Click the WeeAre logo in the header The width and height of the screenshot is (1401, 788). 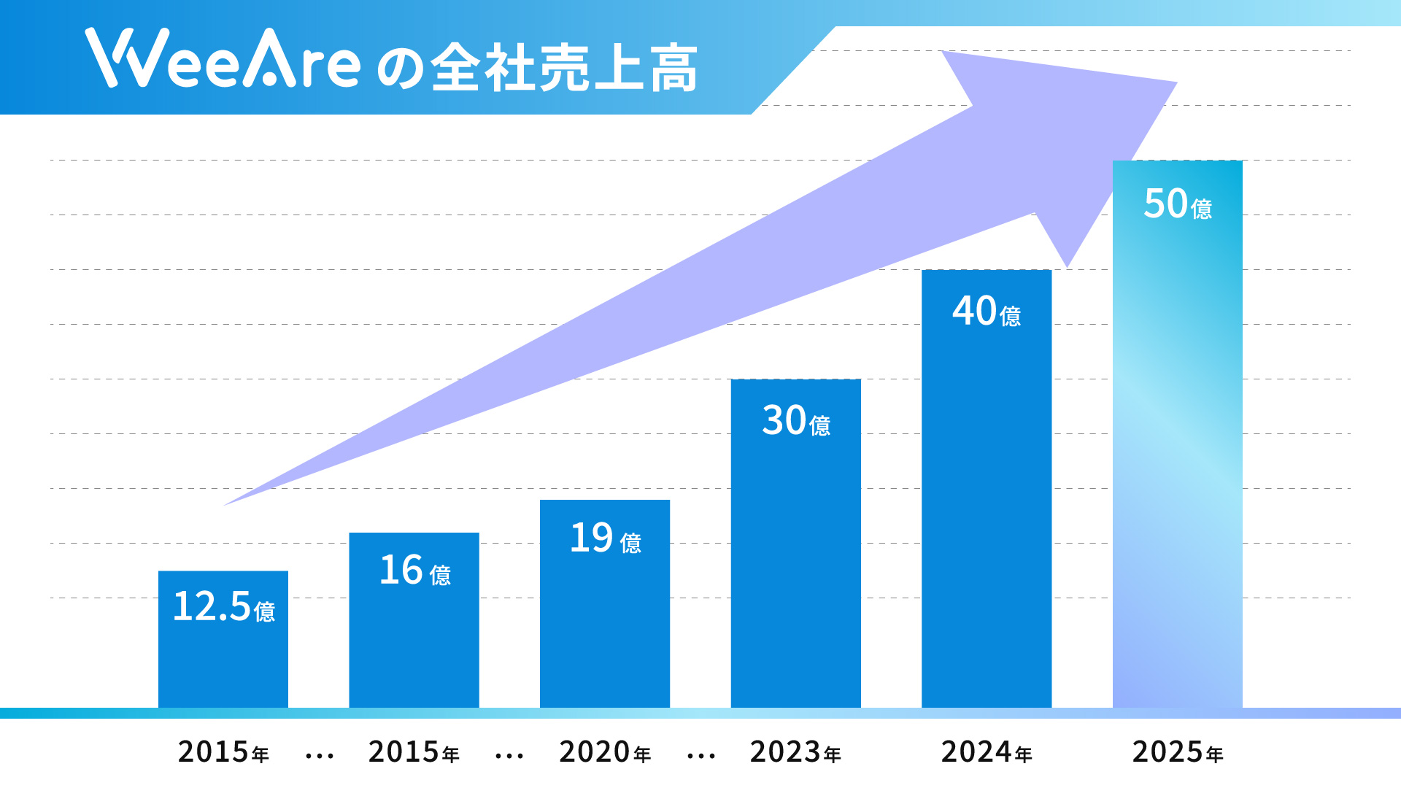[223, 60]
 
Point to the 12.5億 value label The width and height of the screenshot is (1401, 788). [223, 606]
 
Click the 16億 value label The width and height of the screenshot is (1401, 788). [414, 571]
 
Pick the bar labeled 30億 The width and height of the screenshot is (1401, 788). [795, 569]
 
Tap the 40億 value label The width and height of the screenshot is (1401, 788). [986, 311]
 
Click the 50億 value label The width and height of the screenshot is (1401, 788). [1177, 204]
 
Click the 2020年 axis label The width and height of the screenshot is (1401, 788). [605, 752]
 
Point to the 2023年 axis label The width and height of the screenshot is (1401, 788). [795, 752]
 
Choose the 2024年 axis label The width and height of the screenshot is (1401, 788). [987, 752]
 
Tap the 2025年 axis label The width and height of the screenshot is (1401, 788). [1177, 752]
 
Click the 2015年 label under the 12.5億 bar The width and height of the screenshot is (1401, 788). [223, 752]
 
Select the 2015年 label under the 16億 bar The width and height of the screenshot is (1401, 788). [414, 752]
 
